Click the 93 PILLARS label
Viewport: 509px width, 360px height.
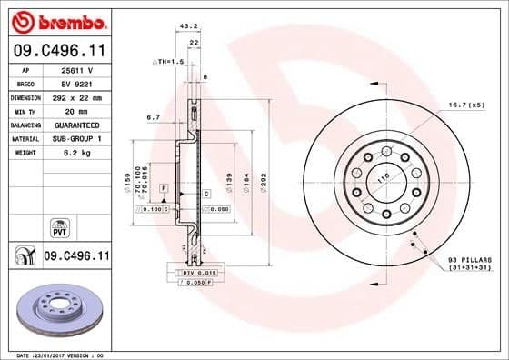tap(468, 259)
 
